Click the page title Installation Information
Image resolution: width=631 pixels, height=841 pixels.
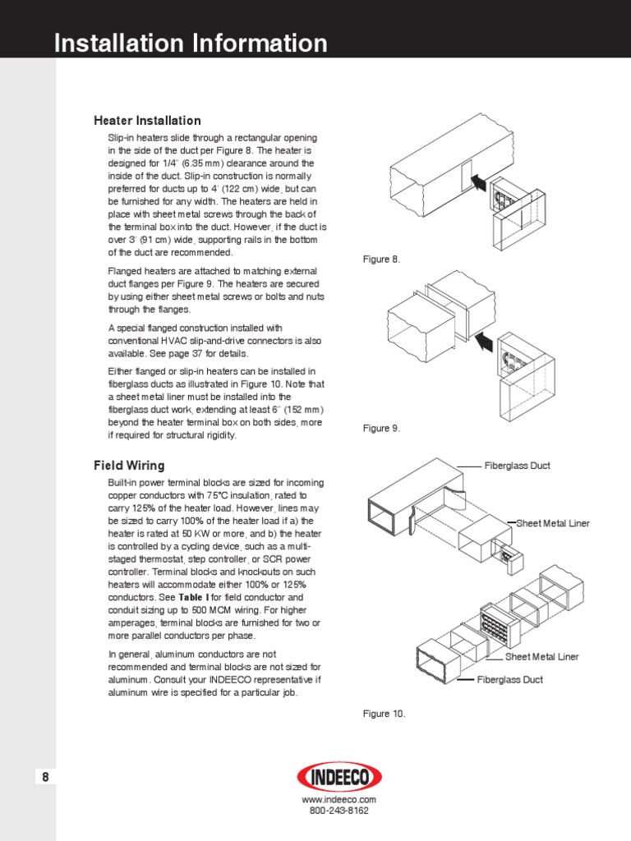coord(191,43)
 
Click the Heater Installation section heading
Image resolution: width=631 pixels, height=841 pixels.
coord(147,121)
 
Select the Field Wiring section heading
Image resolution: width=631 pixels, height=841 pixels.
coord(129,466)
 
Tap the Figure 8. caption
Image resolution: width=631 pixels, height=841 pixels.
coord(381,260)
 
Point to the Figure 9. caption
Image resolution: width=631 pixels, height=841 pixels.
coord(381,429)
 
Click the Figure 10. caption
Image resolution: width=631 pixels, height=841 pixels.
coord(384,714)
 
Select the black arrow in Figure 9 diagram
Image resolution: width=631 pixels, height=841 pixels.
coord(485,338)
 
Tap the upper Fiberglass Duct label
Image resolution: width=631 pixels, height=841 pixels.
coord(517,466)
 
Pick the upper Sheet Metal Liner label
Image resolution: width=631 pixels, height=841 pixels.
coord(553,523)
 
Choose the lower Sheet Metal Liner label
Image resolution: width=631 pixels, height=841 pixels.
coord(541,656)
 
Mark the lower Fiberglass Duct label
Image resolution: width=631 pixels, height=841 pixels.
coord(509,680)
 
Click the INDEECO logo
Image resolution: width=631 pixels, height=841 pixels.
coord(339,776)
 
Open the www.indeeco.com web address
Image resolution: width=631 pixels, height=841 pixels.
coord(339,799)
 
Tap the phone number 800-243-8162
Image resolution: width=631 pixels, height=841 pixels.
coord(339,811)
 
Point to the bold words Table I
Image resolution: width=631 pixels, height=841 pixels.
coord(194,597)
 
